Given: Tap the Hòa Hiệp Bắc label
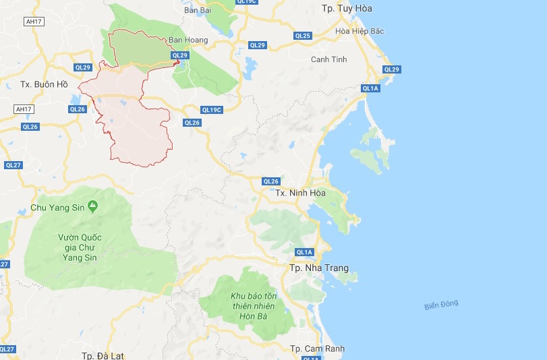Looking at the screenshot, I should coord(359,31).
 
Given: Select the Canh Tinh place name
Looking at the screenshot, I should coord(328,59).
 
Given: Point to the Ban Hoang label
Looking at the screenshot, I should coord(188,40).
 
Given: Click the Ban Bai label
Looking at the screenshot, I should coord(198,10).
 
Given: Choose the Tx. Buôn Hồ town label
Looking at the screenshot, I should coord(45,84).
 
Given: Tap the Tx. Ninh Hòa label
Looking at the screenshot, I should coord(300,193).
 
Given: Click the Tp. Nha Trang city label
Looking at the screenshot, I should coord(319,268).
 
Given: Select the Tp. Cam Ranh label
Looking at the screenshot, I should coord(317,349).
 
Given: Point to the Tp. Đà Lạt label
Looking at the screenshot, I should coord(103,355).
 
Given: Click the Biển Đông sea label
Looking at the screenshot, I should coord(441,305).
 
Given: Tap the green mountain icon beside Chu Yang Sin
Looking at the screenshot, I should coord(92,207).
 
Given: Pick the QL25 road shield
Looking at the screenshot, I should coord(303,36).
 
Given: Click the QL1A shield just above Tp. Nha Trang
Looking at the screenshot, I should coord(305,252).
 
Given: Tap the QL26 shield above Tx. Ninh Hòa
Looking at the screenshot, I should coord(270,181).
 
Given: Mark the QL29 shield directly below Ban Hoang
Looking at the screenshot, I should coord(179,55).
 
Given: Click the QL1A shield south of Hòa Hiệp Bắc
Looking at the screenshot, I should coord(370,88).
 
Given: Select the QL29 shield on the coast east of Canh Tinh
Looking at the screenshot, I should coord(391,69).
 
